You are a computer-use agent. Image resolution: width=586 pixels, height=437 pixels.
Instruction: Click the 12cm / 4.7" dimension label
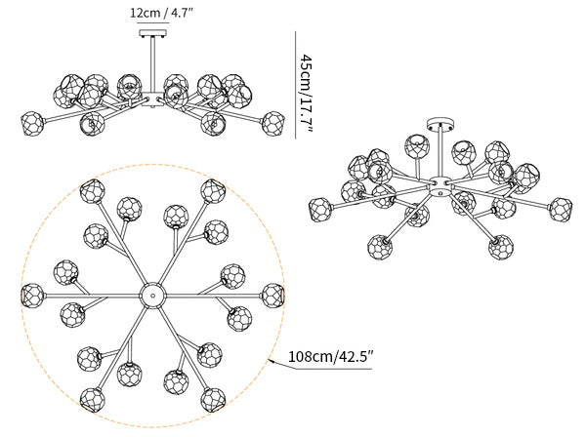coord(161,13)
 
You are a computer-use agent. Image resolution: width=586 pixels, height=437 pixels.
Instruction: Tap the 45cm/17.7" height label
coord(307,94)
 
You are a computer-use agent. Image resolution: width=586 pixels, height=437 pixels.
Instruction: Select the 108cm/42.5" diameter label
coord(330,356)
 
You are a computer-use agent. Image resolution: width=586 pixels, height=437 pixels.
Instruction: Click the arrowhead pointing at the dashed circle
coord(271,361)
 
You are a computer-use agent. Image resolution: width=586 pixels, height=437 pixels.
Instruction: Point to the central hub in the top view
coord(152,296)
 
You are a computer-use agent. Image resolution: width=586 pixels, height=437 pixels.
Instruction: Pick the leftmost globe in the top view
coord(32,296)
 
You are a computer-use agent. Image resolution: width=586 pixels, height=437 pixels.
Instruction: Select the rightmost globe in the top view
coord(272,296)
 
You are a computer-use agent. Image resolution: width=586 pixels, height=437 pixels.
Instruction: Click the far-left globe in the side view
coord(32,124)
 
